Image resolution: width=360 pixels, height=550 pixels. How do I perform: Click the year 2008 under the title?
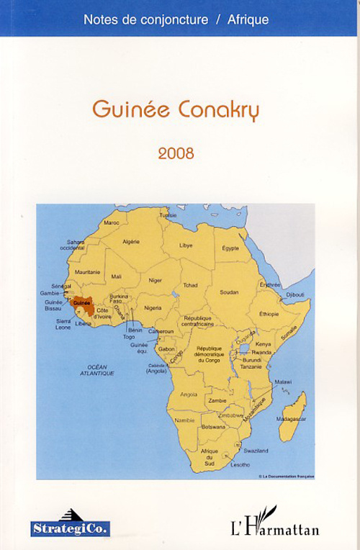(176, 153)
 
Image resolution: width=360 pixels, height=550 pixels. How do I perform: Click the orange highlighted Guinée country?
(83, 303)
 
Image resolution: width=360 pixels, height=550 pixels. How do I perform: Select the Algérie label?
(131, 242)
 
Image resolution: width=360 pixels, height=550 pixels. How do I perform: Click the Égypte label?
(230, 248)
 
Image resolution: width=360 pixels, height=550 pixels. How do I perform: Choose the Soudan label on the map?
(229, 292)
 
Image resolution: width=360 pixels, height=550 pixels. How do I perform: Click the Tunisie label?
(168, 215)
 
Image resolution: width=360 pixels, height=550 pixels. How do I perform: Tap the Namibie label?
(184, 420)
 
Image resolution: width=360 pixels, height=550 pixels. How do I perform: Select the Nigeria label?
(153, 307)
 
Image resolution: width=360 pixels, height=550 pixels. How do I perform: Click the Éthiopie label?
(269, 314)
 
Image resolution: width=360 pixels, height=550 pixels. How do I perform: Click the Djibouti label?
(295, 294)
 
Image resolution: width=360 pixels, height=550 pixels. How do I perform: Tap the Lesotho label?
(240, 464)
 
